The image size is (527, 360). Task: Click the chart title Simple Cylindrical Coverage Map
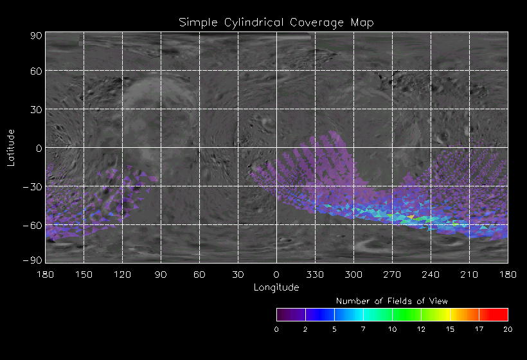276,22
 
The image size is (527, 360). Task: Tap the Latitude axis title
10,147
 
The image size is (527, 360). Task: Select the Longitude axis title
276,287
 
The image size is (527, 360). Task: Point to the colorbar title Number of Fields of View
392,301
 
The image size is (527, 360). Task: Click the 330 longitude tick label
315,274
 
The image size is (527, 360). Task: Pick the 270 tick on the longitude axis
392,274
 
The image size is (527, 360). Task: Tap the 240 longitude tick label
431,274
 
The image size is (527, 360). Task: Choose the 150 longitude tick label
84,274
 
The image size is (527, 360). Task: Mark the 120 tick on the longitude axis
122,274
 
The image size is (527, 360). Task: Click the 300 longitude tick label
353,274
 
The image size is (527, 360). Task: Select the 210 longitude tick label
469,274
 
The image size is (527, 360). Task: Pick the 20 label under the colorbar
507,329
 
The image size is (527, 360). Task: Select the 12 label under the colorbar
421,329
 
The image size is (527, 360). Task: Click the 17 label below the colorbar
479,329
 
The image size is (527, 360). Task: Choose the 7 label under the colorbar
363,329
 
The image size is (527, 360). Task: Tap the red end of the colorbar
501,314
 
